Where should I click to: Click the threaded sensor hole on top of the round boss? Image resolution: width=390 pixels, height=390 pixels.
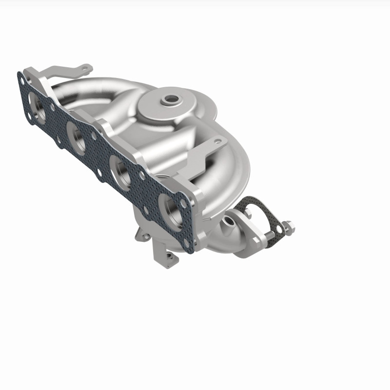(x=171, y=100)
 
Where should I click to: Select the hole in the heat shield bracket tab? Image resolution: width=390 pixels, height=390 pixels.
(x=217, y=142)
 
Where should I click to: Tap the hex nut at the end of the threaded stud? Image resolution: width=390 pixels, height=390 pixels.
(x=288, y=226)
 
